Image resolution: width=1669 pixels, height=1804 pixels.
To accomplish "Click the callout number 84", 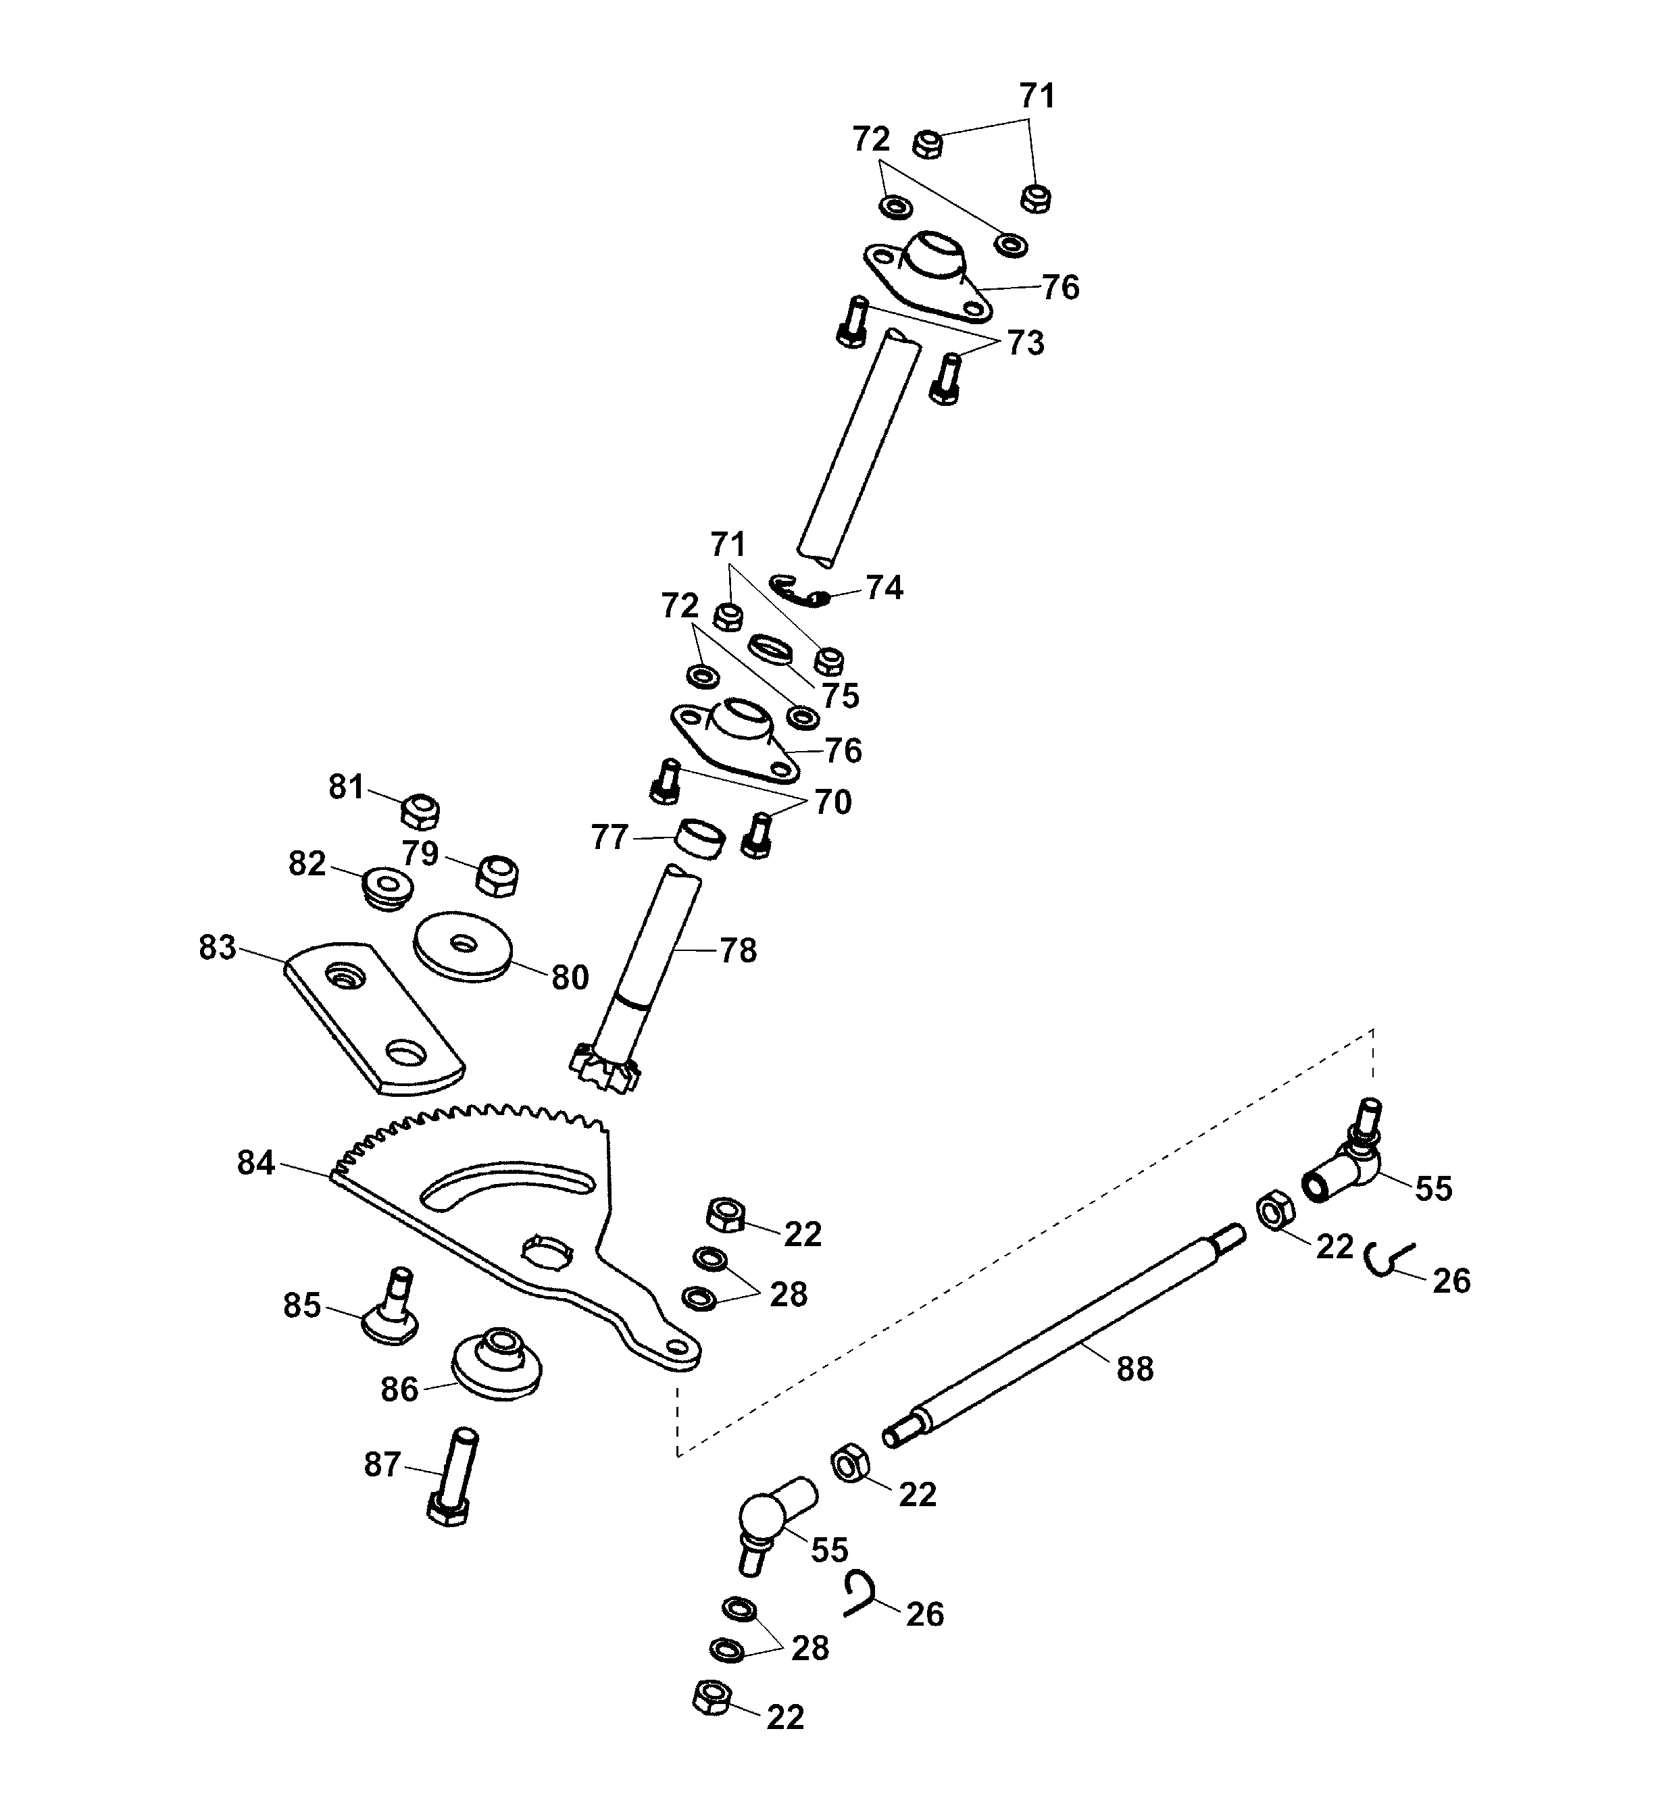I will click(x=255, y=1163).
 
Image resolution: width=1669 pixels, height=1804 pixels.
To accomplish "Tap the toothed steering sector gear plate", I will click(x=505, y=1228).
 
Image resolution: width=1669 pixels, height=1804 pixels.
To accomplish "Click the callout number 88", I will click(x=1135, y=1370).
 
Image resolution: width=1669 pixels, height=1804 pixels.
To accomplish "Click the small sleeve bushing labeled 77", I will click(x=701, y=840).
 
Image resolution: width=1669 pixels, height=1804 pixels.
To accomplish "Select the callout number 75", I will click(x=840, y=696).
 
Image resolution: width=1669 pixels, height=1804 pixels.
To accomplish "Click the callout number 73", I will click(x=1025, y=343).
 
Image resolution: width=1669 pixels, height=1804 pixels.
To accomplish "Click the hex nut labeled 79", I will click(x=495, y=874).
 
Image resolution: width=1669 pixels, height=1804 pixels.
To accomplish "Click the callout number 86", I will click(x=399, y=1389).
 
